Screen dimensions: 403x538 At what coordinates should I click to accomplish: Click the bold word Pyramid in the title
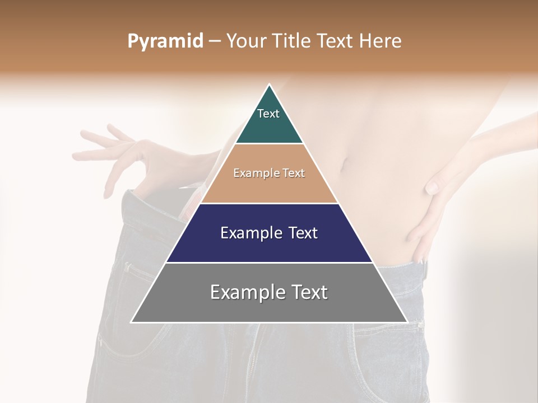click(x=165, y=41)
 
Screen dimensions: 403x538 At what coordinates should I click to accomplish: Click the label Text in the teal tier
click(x=268, y=114)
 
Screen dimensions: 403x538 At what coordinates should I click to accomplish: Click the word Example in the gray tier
click(x=248, y=292)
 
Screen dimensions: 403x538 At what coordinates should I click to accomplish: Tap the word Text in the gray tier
click(x=310, y=292)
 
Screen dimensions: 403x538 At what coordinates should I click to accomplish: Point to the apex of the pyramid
click(x=270, y=86)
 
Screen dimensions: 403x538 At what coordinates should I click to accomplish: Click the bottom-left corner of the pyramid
click(x=132, y=322)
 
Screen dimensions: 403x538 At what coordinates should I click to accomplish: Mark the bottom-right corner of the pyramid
click(x=407, y=322)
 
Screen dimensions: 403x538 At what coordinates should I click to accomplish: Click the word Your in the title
click(x=245, y=41)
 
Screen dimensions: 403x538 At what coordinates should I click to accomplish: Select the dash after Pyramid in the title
click(x=215, y=41)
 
